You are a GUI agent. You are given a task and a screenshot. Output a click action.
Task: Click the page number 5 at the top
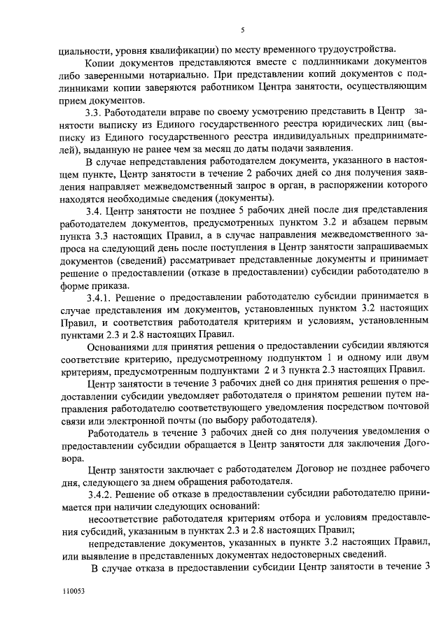[241, 29]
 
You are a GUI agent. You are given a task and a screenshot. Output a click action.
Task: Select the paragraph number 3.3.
[93, 112]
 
